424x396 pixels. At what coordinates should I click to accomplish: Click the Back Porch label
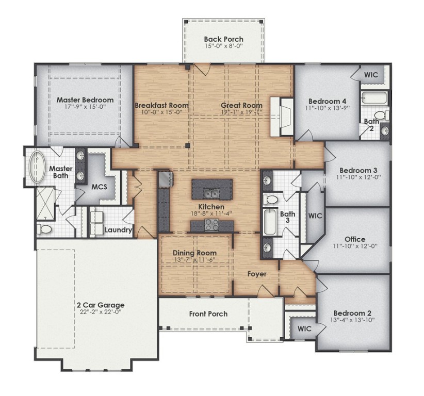point(223,39)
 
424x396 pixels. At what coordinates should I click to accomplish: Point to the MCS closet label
point(99,187)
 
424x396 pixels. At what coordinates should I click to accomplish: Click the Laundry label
point(119,230)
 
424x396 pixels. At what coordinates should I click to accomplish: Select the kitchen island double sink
point(212,193)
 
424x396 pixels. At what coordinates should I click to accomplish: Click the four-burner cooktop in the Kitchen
point(212,224)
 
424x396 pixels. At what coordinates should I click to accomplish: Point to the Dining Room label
point(194,253)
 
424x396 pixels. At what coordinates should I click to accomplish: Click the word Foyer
point(256,274)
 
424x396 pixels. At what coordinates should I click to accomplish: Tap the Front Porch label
point(208,313)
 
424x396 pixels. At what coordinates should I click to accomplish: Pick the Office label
point(355,239)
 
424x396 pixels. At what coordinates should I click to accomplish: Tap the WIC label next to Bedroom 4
point(371,75)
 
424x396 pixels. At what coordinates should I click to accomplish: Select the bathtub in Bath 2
point(373,97)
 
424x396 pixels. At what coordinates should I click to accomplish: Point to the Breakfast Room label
point(161,105)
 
